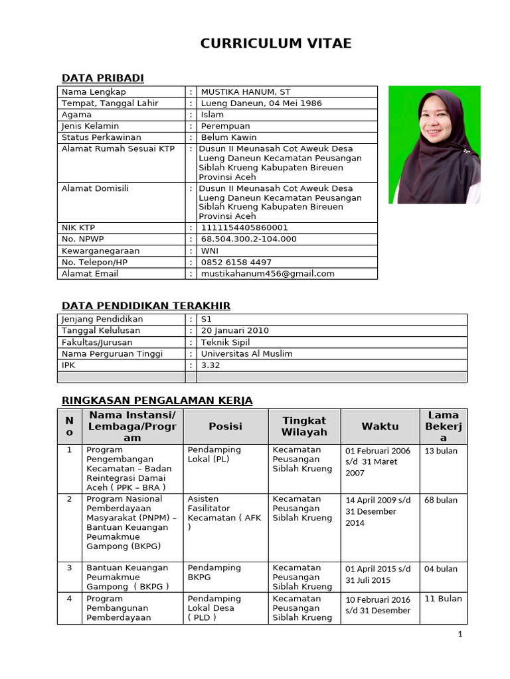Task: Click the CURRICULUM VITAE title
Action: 276,44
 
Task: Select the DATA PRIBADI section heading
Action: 102,78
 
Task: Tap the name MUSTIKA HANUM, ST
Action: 245,92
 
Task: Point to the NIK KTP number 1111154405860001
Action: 244,227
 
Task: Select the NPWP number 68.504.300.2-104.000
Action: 248,239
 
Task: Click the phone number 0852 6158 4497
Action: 236,262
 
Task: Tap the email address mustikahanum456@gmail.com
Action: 267,273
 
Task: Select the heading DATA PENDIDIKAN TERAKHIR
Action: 145,306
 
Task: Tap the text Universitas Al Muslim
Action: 246,353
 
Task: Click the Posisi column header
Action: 225,426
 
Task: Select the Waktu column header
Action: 380,426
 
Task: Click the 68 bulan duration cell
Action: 440,500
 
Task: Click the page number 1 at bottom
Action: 460,634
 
